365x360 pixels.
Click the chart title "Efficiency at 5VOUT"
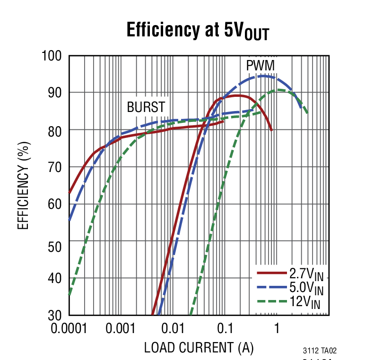(x=198, y=31)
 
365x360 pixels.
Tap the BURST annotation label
(x=146, y=107)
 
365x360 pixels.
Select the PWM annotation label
(x=260, y=65)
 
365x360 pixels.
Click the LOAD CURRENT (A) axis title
(x=199, y=348)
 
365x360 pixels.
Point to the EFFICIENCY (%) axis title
(x=23, y=185)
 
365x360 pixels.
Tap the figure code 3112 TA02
(x=320, y=351)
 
